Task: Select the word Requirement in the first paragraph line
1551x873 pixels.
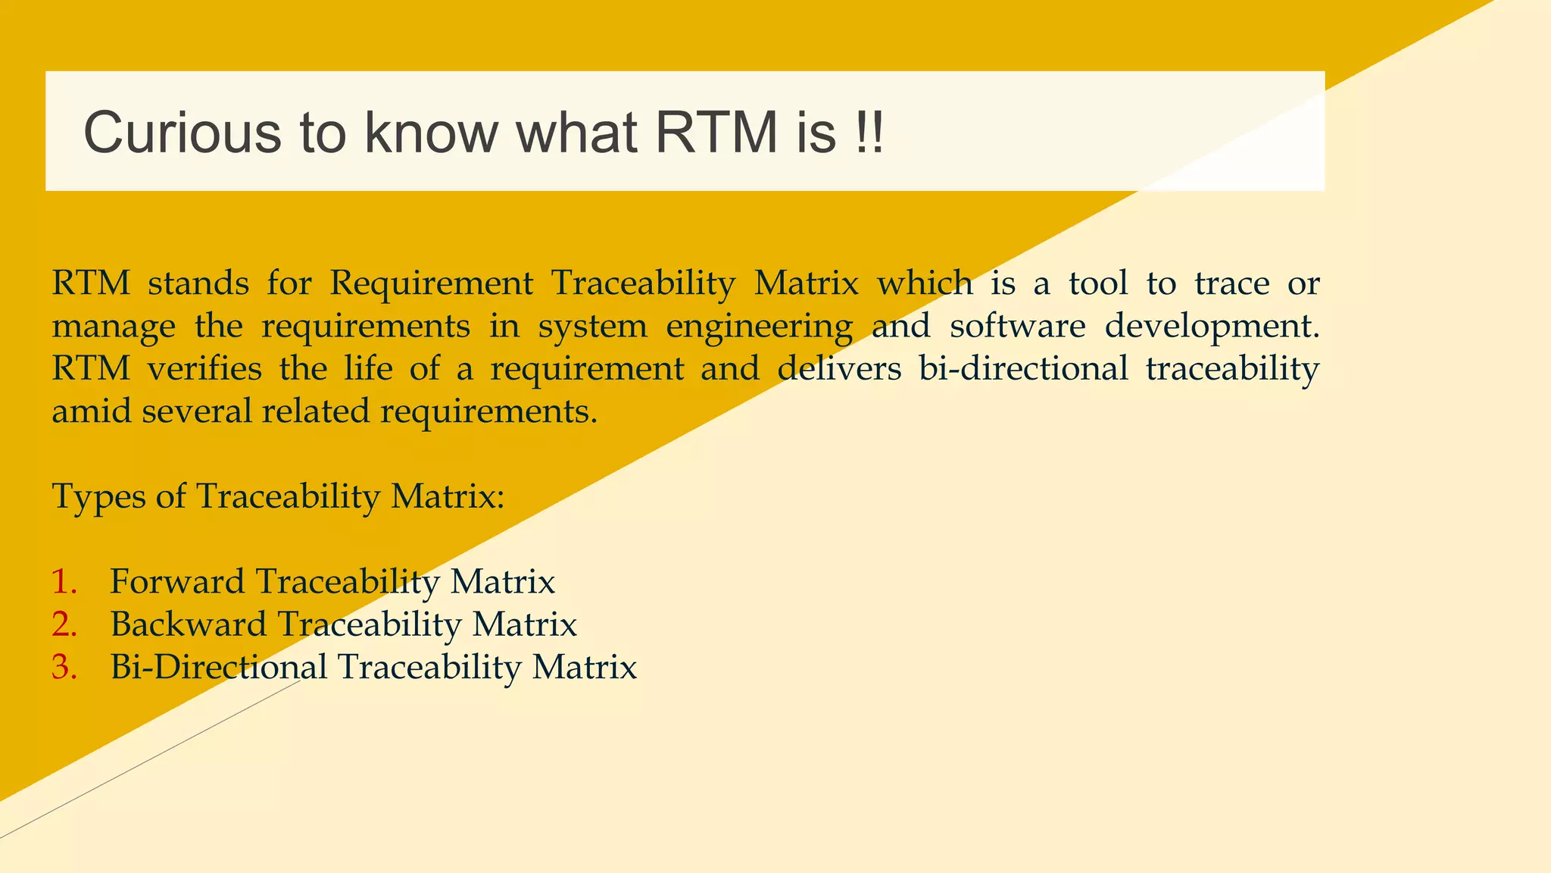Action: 432,284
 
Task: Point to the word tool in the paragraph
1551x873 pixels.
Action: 1097,284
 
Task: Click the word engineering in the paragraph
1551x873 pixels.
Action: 759,327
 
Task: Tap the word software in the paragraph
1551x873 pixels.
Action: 1017,327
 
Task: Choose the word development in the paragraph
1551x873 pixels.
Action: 1211,327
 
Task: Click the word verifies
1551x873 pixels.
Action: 204,369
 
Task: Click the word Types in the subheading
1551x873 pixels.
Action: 98,498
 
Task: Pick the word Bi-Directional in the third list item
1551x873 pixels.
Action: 218,668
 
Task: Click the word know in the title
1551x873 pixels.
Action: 431,133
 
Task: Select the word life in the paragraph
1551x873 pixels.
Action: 368,369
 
